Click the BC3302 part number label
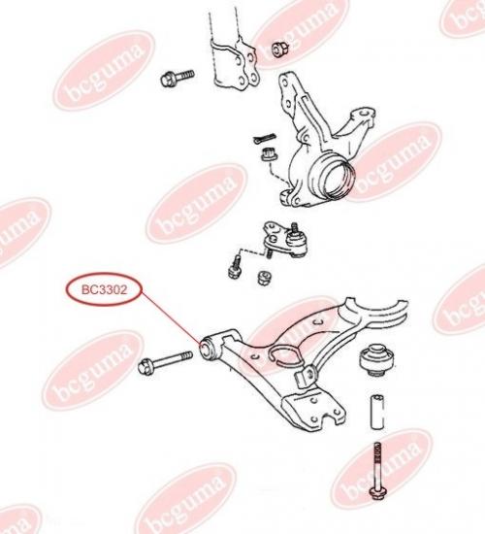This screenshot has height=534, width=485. tap(104, 290)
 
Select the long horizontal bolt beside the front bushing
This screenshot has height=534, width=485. tap(165, 362)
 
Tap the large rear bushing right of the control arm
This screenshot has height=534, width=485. tap(376, 359)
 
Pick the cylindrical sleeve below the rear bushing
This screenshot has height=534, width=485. tap(376, 412)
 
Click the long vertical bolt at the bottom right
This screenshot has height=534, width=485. tap(376, 471)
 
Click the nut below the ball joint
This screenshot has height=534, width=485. tap(265, 278)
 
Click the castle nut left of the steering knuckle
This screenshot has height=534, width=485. tap(269, 155)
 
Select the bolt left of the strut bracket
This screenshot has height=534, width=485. tap(177, 78)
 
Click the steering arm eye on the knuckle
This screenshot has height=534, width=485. tap(365, 115)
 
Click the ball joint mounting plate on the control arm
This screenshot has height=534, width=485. tap(312, 411)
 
